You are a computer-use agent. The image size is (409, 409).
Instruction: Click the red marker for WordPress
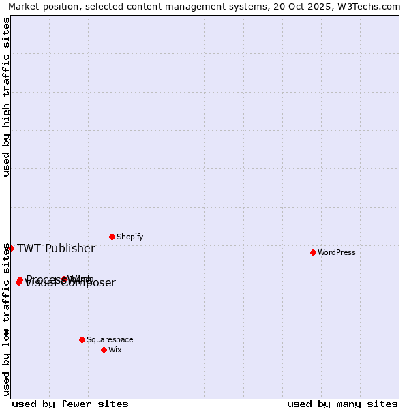[x=313, y=252]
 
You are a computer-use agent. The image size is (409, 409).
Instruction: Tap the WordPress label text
[x=337, y=253]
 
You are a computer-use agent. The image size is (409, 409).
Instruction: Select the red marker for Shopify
[x=112, y=237]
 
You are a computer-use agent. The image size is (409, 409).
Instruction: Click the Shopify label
[x=130, y=237]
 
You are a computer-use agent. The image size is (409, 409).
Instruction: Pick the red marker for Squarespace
[x=82, y=339]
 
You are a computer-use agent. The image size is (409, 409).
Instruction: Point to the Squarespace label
[x=110, y=340]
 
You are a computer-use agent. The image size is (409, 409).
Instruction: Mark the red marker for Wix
[x=104, y=350]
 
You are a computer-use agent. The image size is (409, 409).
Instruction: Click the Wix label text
[x=115, y=350]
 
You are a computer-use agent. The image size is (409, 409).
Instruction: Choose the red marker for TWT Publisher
[x=11, y=248]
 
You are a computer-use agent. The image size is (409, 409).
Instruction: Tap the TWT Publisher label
[x=56, y=249]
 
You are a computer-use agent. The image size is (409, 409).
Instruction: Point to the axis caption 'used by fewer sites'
[x=70, y=404]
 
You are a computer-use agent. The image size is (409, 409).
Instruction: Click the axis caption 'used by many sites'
[x=342, y=404]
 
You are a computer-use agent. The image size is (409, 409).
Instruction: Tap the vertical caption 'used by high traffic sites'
[x=7, y=97]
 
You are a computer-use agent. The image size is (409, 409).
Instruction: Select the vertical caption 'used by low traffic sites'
[x=7, y=319]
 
